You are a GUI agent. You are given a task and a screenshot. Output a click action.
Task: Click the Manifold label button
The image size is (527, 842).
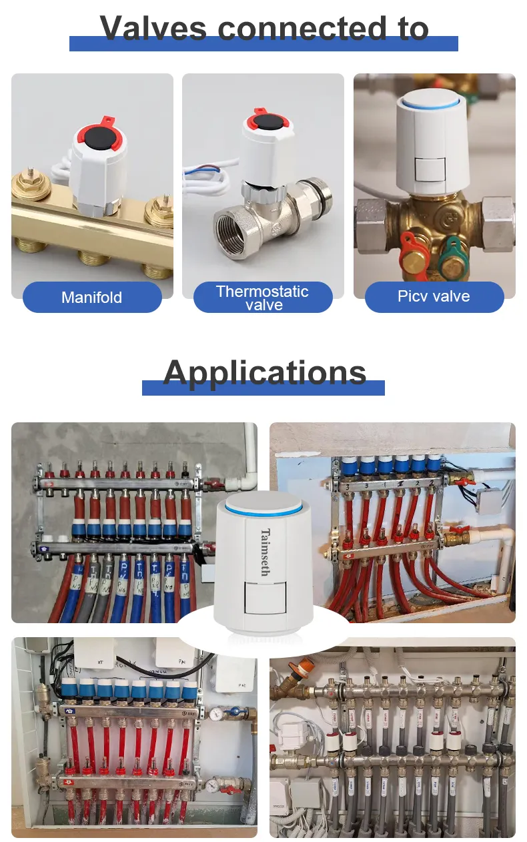[92, 297]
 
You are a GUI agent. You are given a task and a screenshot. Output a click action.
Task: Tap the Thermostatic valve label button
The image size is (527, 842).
[263, 298]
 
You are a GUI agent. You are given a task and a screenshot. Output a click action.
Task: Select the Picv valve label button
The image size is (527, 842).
[434, 296]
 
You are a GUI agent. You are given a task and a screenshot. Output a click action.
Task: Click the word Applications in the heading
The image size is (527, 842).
[264, 372]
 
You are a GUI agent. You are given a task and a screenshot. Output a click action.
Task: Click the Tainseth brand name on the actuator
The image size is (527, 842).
[266, 552]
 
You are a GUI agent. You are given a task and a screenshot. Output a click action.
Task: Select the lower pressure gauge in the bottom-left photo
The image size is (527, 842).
[211, 785]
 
